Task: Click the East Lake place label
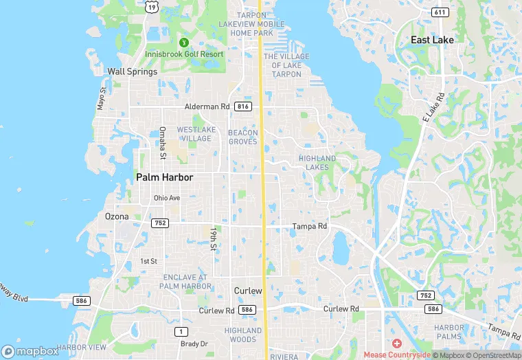tap(432, 40)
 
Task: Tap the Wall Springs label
tap(133, 71)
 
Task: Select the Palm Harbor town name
tap(165, 177)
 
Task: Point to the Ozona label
tap(116, 216)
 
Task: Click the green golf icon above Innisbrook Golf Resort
tap(183, 41)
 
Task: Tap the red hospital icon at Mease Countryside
tap(396, 343)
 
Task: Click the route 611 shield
tap(440, 12)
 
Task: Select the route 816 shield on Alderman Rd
tap(242, 106)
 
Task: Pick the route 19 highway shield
tap(151, 6)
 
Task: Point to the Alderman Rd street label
tap(207, 106)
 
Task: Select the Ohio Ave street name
tap(167, 198)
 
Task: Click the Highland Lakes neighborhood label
tap(317, 163)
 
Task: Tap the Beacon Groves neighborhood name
tap(243, 137)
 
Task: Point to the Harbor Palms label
tap(449, 331)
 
